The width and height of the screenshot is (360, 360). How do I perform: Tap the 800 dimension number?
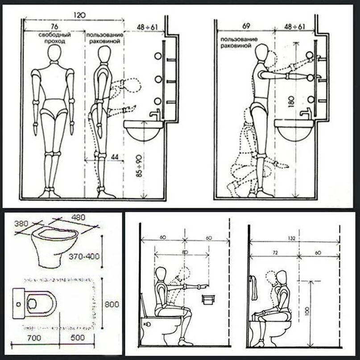(x=112, y=305)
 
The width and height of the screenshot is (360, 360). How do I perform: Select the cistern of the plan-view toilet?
(x=18, y=303)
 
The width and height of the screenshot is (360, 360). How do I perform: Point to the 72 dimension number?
(x=275, y=253)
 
